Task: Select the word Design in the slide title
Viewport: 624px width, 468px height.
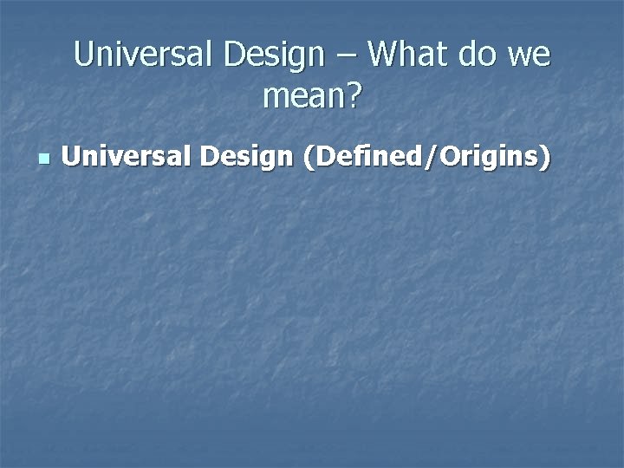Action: point(272,55)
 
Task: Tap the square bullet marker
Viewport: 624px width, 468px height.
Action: point(44,159)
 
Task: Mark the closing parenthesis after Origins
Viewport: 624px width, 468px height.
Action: point(545,159)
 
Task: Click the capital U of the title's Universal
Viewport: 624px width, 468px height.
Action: point(84,55)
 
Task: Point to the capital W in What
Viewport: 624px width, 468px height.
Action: point(384,55)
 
